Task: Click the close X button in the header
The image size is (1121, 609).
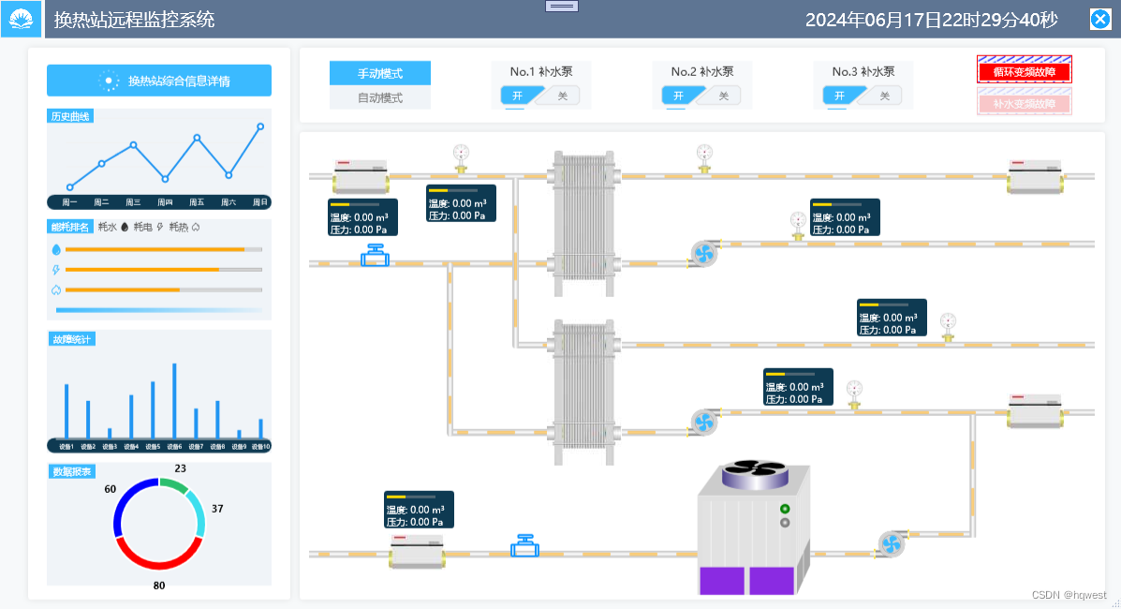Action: point(1100,19)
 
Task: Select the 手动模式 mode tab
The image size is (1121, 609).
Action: point(380,73)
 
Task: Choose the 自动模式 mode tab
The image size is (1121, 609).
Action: point(380,97)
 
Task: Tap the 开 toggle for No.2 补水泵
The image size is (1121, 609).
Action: point(678,96)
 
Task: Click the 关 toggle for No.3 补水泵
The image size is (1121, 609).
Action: point(884,96)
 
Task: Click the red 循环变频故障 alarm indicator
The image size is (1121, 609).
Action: point(1024,71)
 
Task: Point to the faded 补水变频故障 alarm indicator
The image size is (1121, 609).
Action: point(1024,103)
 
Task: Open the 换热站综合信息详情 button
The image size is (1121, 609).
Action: point(159,81)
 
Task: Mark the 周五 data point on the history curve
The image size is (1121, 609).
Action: point(197,138)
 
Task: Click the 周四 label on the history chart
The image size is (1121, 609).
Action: point(165,202)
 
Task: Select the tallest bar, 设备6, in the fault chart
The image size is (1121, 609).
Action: point(174,400)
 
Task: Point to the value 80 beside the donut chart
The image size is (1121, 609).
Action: point(159,586)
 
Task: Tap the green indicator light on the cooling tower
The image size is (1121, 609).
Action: point(784,509)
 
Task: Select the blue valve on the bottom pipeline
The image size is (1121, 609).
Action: point(524,545)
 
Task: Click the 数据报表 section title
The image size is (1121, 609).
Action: point(72,471)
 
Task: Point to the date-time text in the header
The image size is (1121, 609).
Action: point(931,20)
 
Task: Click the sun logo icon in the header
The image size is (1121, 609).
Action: point(21,19)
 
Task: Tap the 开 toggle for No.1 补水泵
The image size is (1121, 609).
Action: point(517,96)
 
